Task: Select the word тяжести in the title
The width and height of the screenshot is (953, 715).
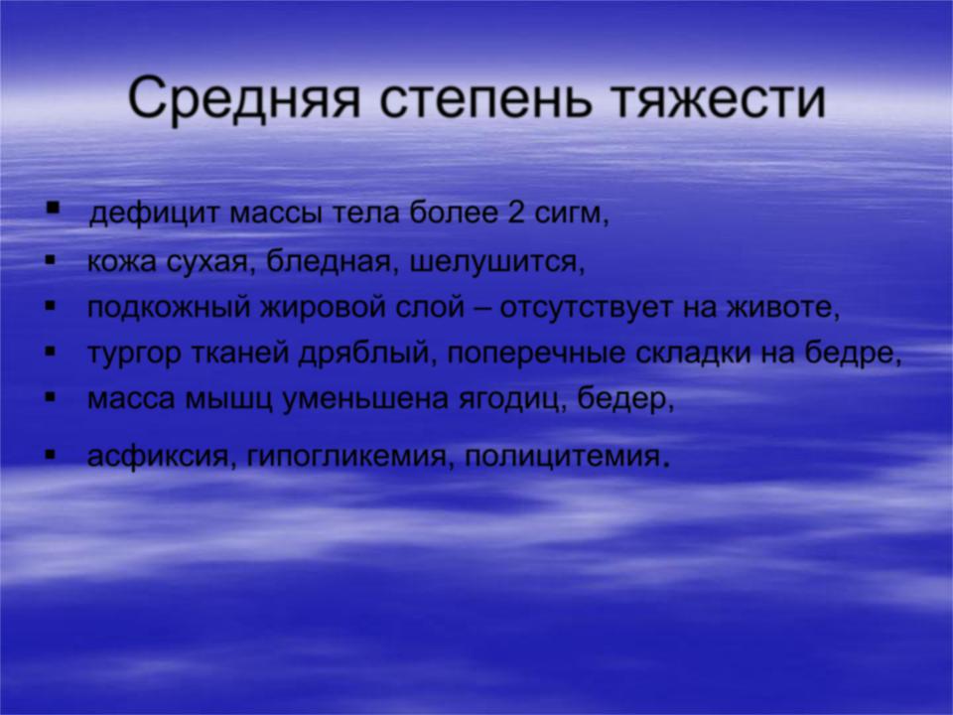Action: [x=718, y=97]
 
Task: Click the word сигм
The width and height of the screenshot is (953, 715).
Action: [x=571, y=215]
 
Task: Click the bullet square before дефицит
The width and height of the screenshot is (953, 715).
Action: [x=54, y=208]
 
